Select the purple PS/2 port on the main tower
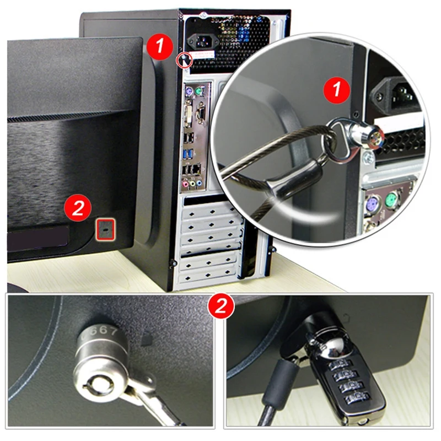[189, 91]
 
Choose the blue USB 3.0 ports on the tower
[190, 150]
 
